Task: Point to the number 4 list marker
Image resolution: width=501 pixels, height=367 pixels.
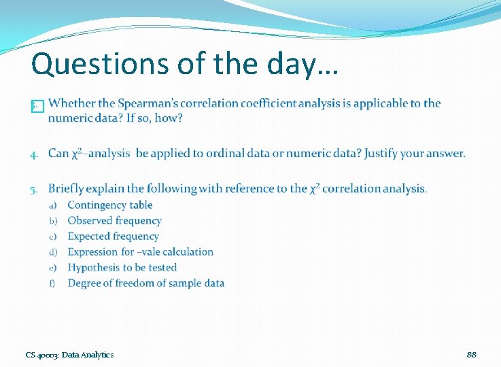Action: click(35, 154)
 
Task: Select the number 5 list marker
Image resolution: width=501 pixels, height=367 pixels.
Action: click(35, 189)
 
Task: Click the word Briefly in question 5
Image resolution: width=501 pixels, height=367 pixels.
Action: click(67, 188)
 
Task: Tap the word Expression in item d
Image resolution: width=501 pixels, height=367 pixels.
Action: click(93, 252)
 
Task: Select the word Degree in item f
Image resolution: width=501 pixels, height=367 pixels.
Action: click(84, 283)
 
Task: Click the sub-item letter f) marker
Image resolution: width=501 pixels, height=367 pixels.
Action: click(52, 283)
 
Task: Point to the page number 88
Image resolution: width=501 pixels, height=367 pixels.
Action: click(472, 355)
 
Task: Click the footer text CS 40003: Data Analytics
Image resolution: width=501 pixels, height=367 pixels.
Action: click(70, 355)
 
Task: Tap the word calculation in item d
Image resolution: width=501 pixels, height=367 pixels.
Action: click(186, 252)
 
